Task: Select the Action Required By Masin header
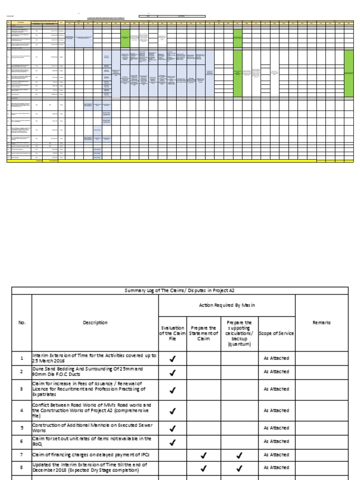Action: tap(227, 306)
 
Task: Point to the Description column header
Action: tap(95, 322)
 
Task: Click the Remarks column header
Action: tap(322, 322)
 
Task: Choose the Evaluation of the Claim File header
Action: tap(172, 333)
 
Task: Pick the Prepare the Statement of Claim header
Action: tap(203, 333)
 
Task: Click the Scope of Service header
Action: tap(277, 333)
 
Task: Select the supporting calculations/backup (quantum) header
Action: tap(239, 333)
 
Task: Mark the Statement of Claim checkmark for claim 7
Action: tap(203, 455)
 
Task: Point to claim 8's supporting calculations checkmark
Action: tap(239, 467)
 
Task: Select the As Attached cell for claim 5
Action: tap(277, 427)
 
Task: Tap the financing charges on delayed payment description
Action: tap(88, 455)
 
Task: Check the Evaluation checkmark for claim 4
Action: tap(172, 411)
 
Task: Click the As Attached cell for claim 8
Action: tap(277, 467)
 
